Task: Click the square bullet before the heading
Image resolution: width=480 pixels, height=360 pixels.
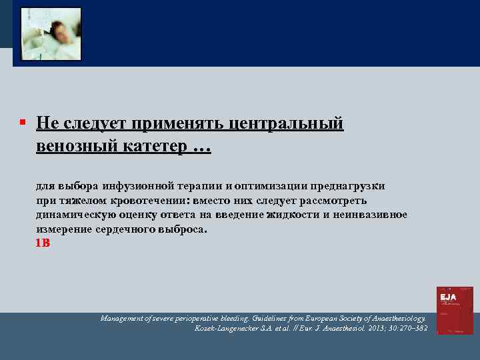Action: (x=22, y=123)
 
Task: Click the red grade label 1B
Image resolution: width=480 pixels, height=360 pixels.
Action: (x=43, y=243)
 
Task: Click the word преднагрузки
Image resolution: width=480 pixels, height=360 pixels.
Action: (x=351, y=186)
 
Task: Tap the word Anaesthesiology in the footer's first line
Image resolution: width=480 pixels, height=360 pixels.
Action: (x=394, y=319)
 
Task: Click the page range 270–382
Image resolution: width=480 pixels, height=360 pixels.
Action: (x=414, y=329)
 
